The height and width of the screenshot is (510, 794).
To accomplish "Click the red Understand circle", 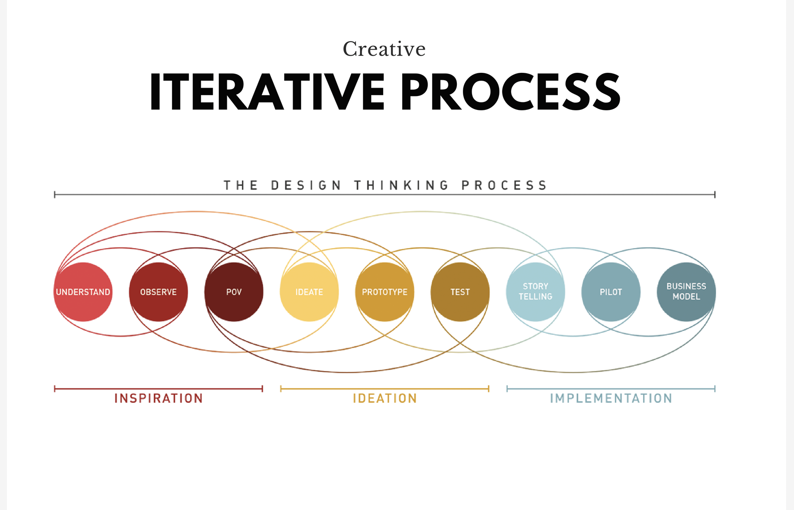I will (83, 292).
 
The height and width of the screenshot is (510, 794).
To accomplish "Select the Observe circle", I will (159, 292).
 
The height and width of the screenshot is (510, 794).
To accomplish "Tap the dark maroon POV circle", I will (234, 292).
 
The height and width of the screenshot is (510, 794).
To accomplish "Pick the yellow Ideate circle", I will (309, 292).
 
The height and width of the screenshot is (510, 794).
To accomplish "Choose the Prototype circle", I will (384, 292).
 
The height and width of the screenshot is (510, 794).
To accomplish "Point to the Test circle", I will (460, 292).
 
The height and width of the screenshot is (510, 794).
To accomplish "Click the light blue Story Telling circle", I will (536, 292).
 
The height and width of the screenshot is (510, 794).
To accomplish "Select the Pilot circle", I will (611, 292).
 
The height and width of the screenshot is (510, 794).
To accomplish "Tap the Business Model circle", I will (686, 292).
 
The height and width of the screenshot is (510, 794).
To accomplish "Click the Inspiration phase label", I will (159, 398).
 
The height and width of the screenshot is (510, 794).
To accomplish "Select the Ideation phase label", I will (385, 398).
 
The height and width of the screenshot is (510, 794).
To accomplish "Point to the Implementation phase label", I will (611, 398).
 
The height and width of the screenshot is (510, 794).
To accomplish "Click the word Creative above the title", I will (384, 49).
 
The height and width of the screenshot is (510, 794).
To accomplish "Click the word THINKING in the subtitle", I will (402, 185).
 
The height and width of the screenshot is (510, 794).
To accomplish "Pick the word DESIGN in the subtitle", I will (306, 185).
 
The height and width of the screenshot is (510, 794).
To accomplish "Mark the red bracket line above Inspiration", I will (159, 389).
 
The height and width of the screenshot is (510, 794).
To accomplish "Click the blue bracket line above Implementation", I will (611, 389).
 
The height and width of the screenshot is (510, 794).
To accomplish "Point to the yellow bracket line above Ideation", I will (385, 389).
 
